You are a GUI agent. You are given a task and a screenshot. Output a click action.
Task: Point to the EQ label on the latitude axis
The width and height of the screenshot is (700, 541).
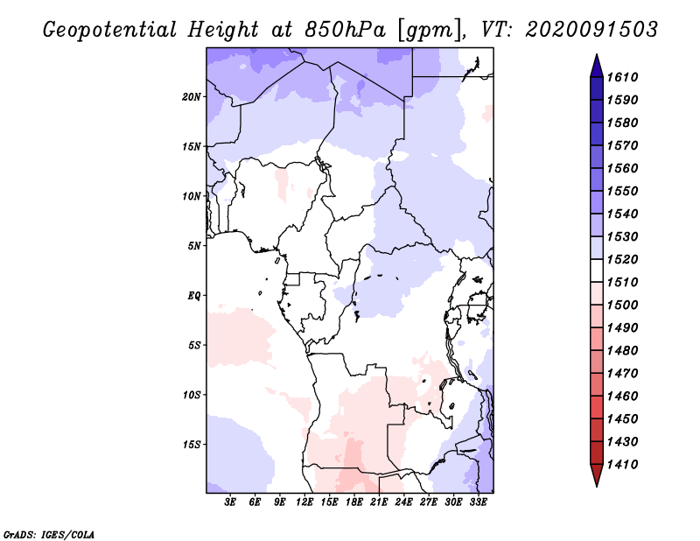tap(194, 295)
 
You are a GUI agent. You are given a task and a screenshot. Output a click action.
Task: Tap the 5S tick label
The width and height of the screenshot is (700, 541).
tap(195, 345)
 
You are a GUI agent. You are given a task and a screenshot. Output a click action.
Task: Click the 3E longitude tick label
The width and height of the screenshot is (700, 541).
tap(231, 502)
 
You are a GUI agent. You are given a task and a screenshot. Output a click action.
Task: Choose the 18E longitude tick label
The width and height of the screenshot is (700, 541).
tap(354, 502)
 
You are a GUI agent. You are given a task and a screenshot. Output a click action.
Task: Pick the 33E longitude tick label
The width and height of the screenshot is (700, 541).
tap(478, 502)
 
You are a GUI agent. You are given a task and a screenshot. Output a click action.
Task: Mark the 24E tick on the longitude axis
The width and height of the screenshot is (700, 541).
tap(403, 502)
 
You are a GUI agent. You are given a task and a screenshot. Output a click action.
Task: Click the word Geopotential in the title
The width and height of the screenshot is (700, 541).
tap(108, 29)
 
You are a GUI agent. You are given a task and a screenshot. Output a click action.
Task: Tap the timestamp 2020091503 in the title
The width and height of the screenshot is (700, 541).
tap(591, 29)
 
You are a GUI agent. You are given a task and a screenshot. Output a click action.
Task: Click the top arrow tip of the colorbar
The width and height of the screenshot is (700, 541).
tap(595, 57)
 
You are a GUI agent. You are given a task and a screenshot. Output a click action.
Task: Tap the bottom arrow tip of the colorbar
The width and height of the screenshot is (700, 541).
tap(595, 484)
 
